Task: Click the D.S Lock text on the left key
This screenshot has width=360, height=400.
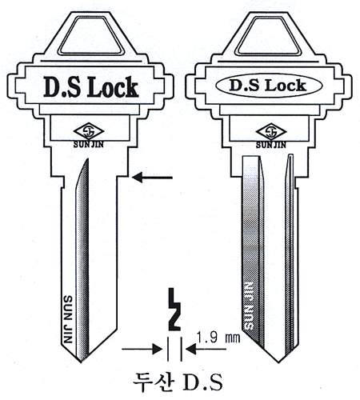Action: (x=90, y=86)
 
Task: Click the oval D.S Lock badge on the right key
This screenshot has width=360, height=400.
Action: (x=269, y=86)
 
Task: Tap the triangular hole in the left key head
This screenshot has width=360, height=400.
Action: (x=90, y=36)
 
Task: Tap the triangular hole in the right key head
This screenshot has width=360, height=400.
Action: (x=269, y=36)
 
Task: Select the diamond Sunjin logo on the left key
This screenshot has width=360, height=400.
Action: (x=89, y=132)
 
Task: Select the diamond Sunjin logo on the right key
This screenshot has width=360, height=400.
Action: (x=271, y=132)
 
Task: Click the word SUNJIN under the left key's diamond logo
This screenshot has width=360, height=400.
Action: (x=89, y=145)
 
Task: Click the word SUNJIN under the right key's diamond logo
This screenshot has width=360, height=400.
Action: (x=271, y=145)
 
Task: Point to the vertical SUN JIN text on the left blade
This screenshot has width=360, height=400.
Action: (x=68, y=319)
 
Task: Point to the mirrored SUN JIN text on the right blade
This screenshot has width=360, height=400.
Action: (x=249, y=306)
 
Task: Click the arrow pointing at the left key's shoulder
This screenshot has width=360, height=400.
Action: (x=152, y=178)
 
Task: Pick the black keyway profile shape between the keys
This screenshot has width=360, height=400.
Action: (x=174, y=310)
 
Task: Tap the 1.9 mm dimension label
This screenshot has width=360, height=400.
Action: (x=218, y=338)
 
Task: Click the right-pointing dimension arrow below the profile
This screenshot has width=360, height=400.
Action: (x=142, y=349)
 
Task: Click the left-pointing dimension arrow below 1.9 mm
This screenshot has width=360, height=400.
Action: (x=206, y=349)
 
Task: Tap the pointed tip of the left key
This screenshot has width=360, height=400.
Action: (x=81, y=362)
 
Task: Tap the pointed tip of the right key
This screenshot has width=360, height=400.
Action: (x=278, y=362)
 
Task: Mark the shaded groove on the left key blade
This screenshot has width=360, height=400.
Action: (x=82, y=258)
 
